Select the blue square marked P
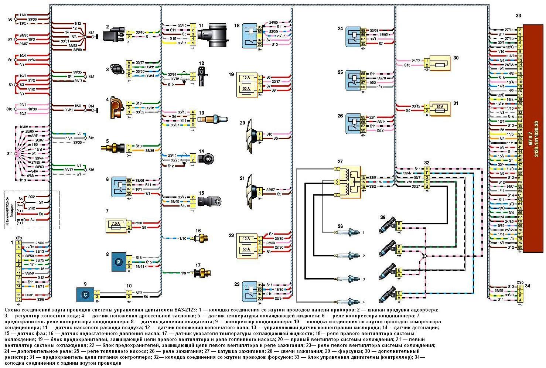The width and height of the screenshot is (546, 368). click(x=119, y=261)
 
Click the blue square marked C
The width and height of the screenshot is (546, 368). click(x=85, y=294)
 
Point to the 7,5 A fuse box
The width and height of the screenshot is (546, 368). click(x=116, y=225)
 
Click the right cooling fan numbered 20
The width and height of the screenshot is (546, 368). click(x=252, y=135)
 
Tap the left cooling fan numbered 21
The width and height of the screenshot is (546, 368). click(x=252, y=191)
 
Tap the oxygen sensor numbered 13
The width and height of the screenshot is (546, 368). click(x=213, y=119)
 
